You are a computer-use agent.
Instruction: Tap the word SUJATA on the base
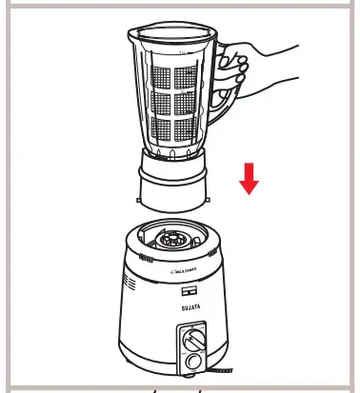[187, 307]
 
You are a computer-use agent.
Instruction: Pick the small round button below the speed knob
[194, 363]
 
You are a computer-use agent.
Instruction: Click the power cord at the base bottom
[224, 368]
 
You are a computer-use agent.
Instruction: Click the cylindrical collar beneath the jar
[173, 191]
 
